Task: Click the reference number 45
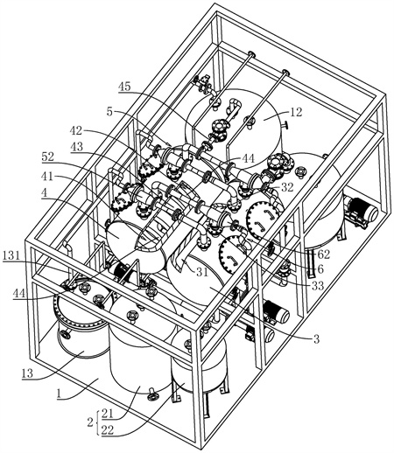click(x=124, y=87)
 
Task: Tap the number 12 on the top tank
click(x=296, y=112)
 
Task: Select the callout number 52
click(x=47, y=157)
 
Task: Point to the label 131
click(x=11, y=255)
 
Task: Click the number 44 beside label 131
click(x=19, y=294)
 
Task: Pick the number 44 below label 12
click(x=249, y=159)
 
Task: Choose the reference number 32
click(x=287, y=187)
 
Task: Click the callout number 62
click(x=324, y=254)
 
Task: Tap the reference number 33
click(x=318, y=286)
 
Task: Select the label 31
click(x=202, y=272)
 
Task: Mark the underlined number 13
click(x=27, y=373)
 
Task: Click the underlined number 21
click(x=108, y=414)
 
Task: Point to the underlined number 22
click(x=108, y=430)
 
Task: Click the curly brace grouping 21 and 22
click(x=98, y=422)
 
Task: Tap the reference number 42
click(x=76, y=130)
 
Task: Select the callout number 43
click(x=77, y=146)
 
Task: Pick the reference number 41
click(x=47, y=177)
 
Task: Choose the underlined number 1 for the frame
click(x=60, y=394)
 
